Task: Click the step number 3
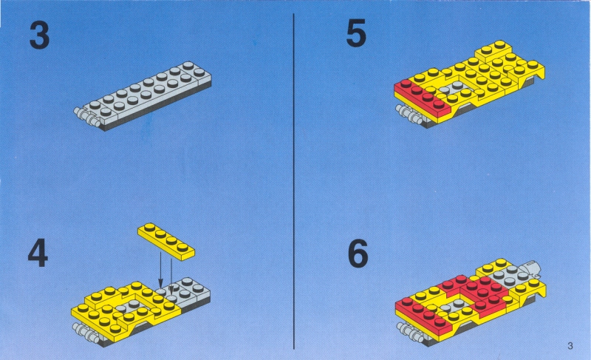[x=39, y=35]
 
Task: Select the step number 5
[x=356, y=33]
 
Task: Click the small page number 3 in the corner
[x=570, y=346]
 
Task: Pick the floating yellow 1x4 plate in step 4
[x=166, y=241]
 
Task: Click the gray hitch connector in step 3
[x=86, y=116]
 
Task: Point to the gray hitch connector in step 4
[x=86, y=332]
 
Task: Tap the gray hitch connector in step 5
[x=410, y=115]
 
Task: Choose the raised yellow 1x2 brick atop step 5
[x=493, y=51]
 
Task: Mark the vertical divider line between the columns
[x=293, y=181]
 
